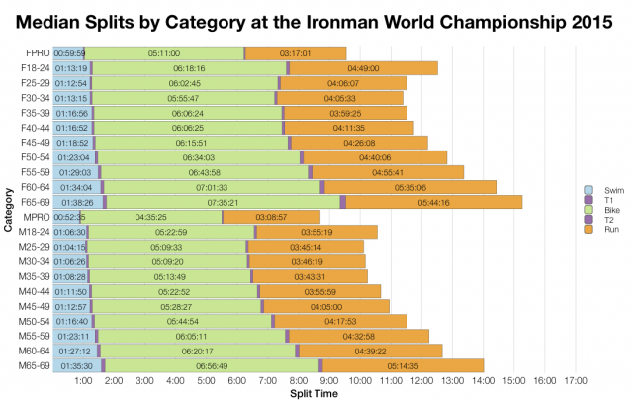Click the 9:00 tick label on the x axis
pyautogui.click(x=329, y=381)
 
